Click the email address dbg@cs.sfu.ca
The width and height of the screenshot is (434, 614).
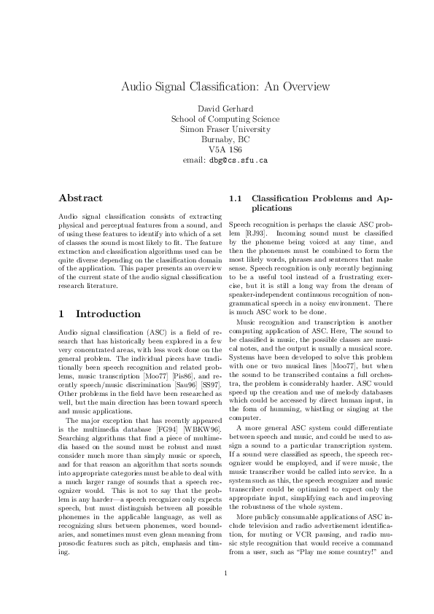(239, 158)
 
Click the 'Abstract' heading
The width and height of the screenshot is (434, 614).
(80, 198)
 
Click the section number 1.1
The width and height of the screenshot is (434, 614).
(236, 198)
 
